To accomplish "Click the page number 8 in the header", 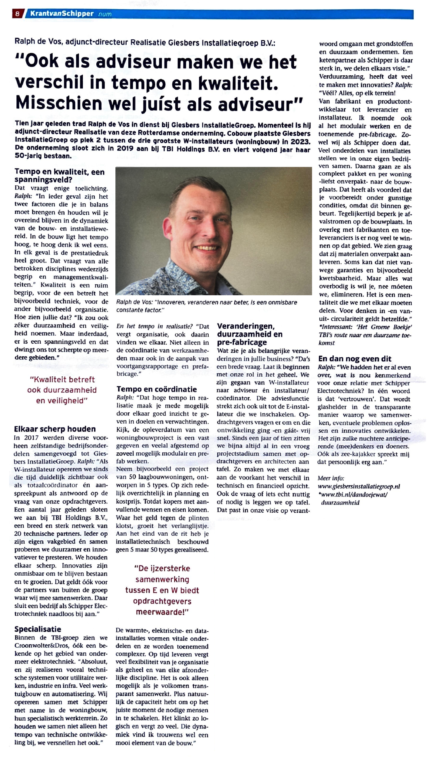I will (x=17, y=14).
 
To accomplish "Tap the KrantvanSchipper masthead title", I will (x=62, y=14).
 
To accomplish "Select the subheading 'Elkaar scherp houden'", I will (x=55, y=429).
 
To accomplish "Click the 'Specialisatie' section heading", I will (x=38, y=629).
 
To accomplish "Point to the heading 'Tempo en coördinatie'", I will (x=157, y=389).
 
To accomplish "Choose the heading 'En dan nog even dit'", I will (x=355, y=359).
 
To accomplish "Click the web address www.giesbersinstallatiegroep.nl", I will (x=359, y=486).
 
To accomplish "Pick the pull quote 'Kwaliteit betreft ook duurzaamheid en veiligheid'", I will (x=62, y=390).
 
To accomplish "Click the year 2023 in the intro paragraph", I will (x=301, y=142).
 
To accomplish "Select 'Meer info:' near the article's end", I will (x=331, y=478).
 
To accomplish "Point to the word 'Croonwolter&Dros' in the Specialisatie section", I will (x=39, y=645).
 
